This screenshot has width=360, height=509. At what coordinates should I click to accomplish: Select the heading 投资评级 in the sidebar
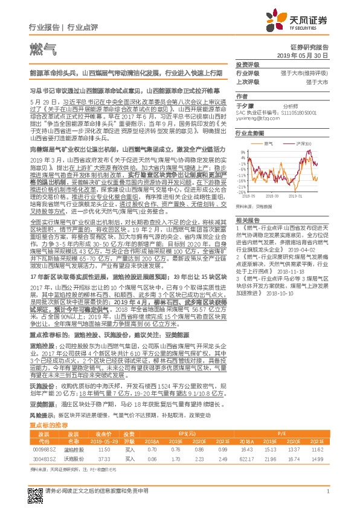pyautogui.click(x=248, y=63)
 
